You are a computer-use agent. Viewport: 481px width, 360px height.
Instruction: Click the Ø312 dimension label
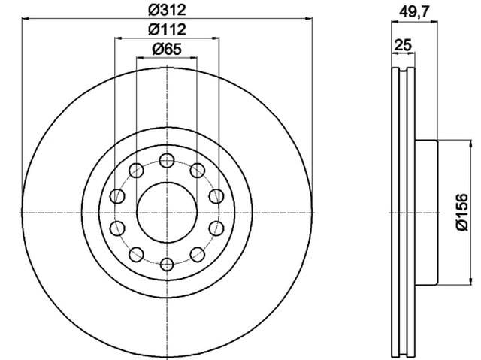pyautogui.click(x=167, y=10)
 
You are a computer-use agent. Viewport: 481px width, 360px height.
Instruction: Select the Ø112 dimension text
pyautogui.click(x=167, y=29)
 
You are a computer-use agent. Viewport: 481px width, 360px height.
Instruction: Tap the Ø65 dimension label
pyautogui.click(x=167, y=49)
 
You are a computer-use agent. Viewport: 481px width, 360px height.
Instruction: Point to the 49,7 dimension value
pyautogui.click(x=413, y=12)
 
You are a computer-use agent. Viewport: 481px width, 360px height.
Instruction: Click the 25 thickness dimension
pyautogui.click(x=403, y=45)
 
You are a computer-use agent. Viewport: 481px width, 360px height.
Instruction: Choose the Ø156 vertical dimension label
pyautogui.click(x=462, y=212)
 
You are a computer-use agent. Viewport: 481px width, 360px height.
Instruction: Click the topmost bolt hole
pyautogui.click(x=167, y=160)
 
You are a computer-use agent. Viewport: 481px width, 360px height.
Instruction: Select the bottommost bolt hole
pyautogui.click(x=167, y=265)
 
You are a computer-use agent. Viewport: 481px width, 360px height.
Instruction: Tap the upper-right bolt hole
pyautogui.click(x=198, y=170)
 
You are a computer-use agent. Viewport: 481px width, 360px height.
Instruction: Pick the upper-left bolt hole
pyautogui.click(x=136, y=170)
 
